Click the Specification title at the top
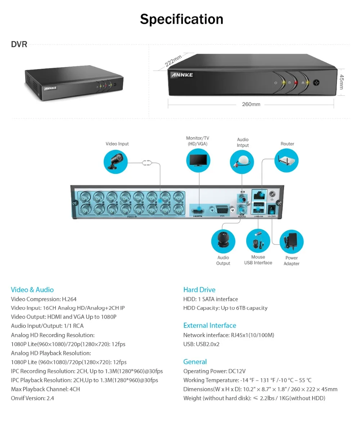(181, 19)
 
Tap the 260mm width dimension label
(251, 104)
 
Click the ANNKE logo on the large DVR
(182, 75)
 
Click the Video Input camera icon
(116, 162)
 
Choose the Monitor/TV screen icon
(198, 161)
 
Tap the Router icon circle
(287, 160)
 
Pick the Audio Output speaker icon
(223, 241)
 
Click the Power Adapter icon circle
(291, 242)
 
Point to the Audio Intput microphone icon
(242, 162)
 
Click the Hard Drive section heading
(199, 290)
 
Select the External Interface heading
(210, 325)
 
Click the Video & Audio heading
(32, 290)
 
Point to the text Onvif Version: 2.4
(32, 398)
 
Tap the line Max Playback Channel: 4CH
(45, 389)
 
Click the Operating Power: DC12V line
(214, 371)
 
